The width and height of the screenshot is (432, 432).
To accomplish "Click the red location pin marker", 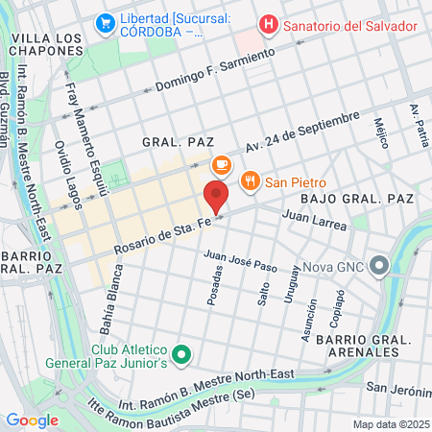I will tap(216, 197).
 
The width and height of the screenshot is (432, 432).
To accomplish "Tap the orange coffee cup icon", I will tap(221, 165).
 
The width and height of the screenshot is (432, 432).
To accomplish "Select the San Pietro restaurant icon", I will tap(251, 181).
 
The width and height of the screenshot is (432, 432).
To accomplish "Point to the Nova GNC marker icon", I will tap(380, 265).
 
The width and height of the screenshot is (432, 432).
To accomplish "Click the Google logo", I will tap(33, 420).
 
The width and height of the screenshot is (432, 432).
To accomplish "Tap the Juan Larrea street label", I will tap(313, 218).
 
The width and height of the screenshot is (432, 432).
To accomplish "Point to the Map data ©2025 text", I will tap(391, 423).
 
